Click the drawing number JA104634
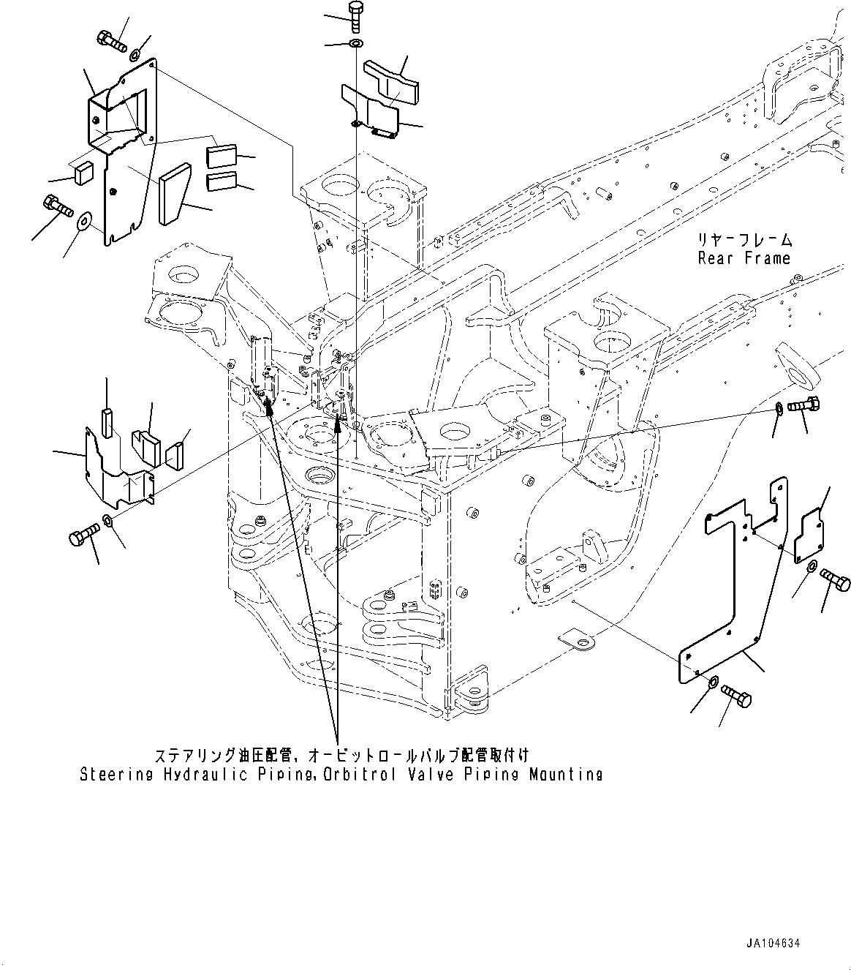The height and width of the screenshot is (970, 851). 774,943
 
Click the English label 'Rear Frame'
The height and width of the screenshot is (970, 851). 744,258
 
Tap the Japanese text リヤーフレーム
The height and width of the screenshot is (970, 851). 744,240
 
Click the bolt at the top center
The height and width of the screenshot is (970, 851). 355,15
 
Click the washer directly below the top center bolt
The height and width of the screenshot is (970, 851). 355,45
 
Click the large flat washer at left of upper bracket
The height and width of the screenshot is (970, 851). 83,219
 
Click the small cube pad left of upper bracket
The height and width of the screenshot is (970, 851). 83,173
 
